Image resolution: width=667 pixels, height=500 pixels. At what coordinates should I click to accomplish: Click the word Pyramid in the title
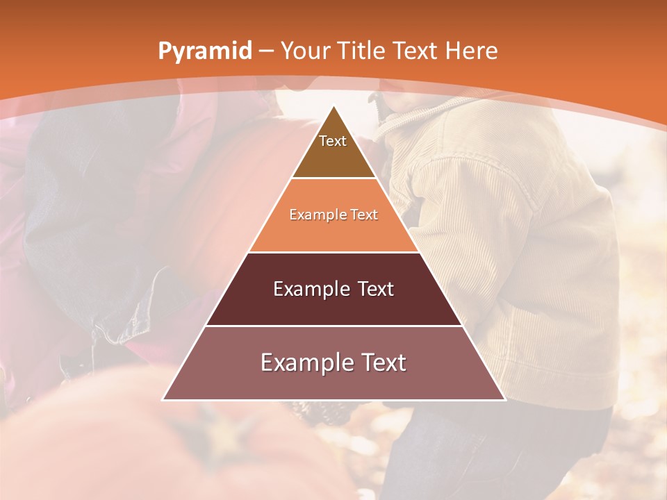204,51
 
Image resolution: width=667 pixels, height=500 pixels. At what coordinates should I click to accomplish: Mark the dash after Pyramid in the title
265,51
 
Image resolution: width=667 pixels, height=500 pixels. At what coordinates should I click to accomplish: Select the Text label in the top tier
333,141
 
